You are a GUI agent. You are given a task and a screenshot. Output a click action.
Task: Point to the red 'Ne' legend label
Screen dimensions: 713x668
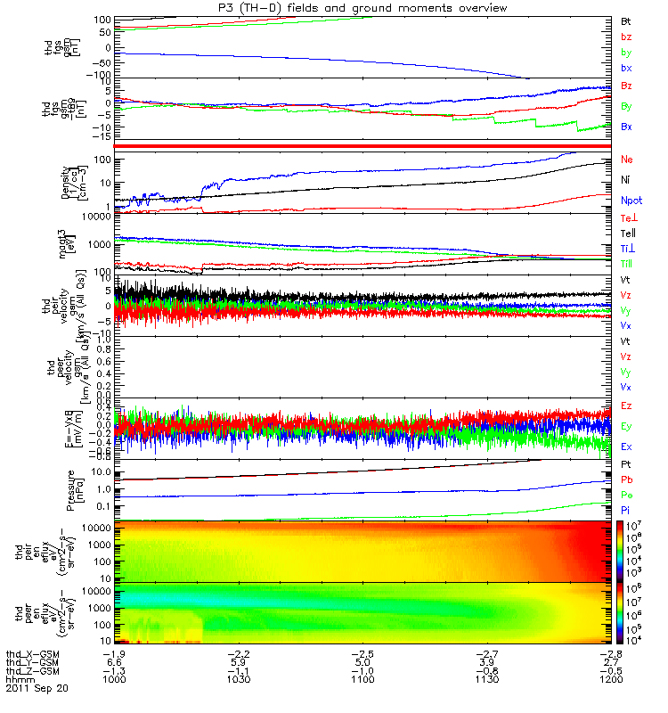[x=626, y=160]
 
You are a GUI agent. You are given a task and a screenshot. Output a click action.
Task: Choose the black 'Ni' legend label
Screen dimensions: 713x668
[x=625, y=179]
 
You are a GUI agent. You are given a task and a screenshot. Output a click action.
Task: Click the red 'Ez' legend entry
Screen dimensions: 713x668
[x=626, y=406]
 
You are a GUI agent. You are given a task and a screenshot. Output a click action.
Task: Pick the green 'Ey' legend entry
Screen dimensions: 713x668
[x=626, y=426]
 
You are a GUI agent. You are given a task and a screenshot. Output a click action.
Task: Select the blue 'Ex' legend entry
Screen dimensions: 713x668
[x=626, y=446]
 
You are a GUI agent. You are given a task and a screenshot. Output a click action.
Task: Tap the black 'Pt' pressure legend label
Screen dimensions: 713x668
[x=625, y=465]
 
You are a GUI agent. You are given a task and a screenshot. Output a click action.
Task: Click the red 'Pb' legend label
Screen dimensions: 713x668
[x=626, y=479]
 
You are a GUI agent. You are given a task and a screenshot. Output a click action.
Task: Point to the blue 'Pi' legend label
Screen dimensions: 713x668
[x=625, y=509]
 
